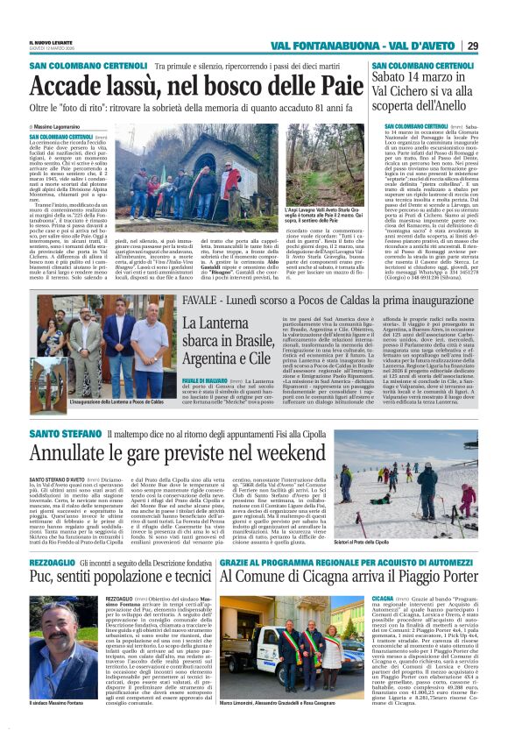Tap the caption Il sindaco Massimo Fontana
click(63, 727)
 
